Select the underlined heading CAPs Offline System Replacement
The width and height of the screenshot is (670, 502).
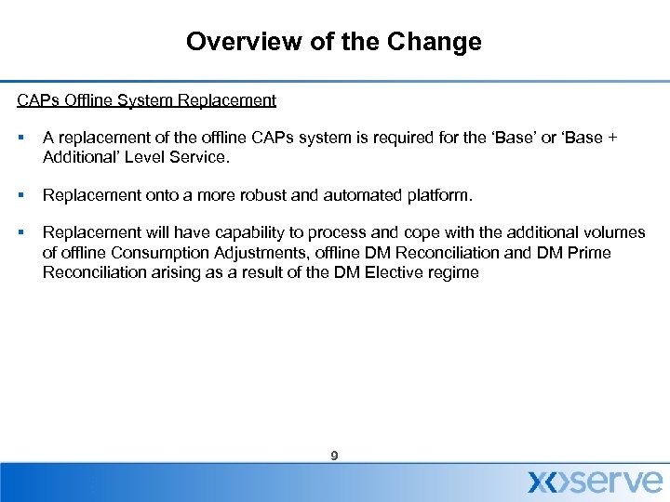point(146,99)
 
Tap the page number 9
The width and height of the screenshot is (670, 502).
point(334,456)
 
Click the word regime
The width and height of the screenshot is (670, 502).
point(451,272)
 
